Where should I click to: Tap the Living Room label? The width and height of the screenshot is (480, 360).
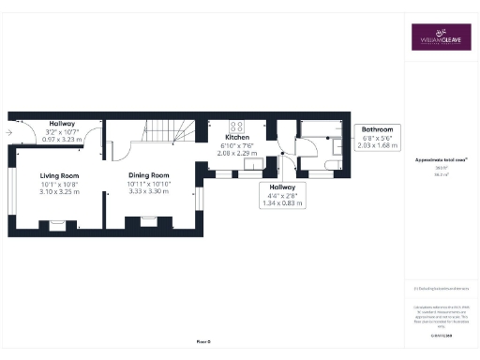coord(58,175)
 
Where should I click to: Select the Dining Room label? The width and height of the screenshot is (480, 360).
coord(148,174)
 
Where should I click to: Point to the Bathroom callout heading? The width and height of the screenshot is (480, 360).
coord(380,130)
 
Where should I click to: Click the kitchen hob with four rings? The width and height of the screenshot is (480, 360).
coord(237,127)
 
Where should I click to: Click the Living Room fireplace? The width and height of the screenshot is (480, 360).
coord(57,223)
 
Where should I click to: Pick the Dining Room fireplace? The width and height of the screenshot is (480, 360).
coord(148,221)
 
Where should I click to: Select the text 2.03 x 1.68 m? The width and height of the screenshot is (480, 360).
coord(380,145)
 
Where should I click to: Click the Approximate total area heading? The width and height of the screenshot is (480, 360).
coord(440,160)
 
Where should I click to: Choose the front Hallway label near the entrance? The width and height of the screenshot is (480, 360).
coord(62,124)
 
